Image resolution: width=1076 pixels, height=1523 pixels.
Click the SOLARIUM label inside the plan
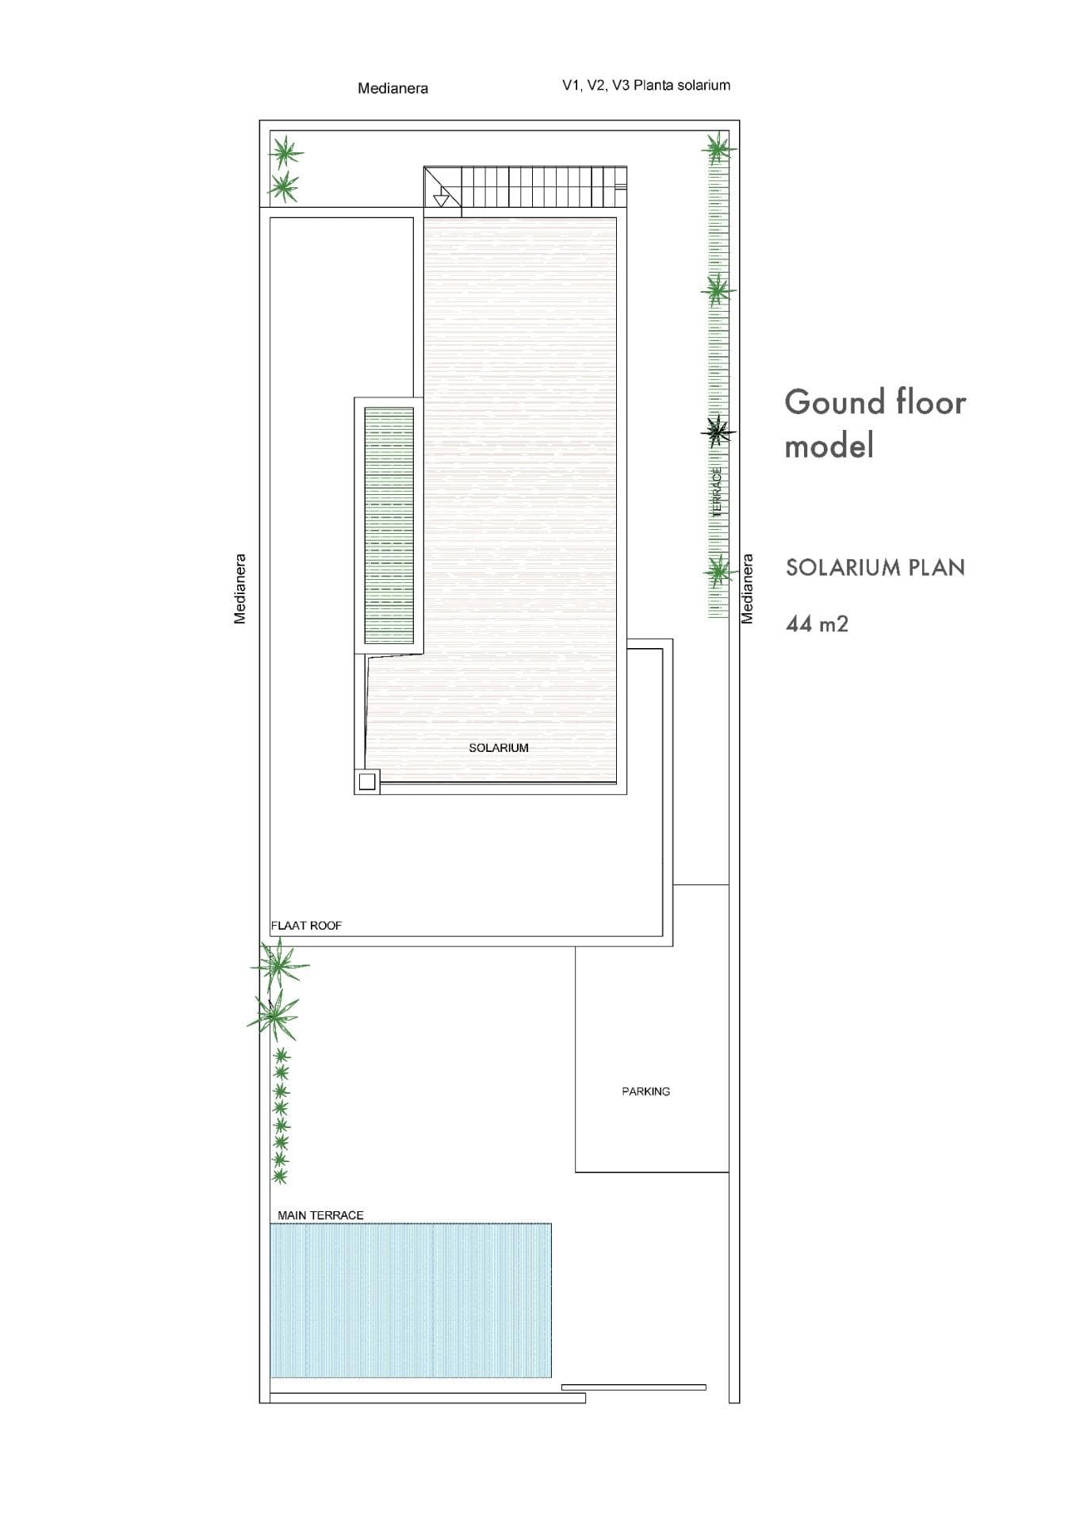tap(498, 747)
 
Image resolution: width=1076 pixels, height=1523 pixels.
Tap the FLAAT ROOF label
tap(306, 925)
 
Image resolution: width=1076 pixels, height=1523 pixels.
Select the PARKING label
tap(645, 1091)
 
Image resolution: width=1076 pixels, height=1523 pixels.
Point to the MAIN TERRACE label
tap(320, 1215)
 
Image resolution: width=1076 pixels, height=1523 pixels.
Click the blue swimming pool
tap(411, 1301)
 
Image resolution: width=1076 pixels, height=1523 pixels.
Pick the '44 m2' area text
tap(817, 623)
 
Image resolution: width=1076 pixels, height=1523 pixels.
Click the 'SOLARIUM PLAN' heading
tap(875, 567)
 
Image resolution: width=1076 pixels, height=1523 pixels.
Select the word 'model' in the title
tap(829, 445)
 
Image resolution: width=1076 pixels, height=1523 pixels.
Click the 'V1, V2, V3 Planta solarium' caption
tap(646, 85)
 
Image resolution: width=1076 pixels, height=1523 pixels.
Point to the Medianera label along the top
tap(392, 88)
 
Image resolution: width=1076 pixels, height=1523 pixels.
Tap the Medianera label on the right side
tap(747, 588)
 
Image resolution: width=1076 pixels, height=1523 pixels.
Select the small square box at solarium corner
tap(366, 782)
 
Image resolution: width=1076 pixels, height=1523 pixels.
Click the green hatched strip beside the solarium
tap(389, 526)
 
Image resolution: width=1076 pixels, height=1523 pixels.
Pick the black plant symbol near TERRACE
tap(718, 432)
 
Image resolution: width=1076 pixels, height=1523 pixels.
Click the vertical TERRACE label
tap(718, 493)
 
